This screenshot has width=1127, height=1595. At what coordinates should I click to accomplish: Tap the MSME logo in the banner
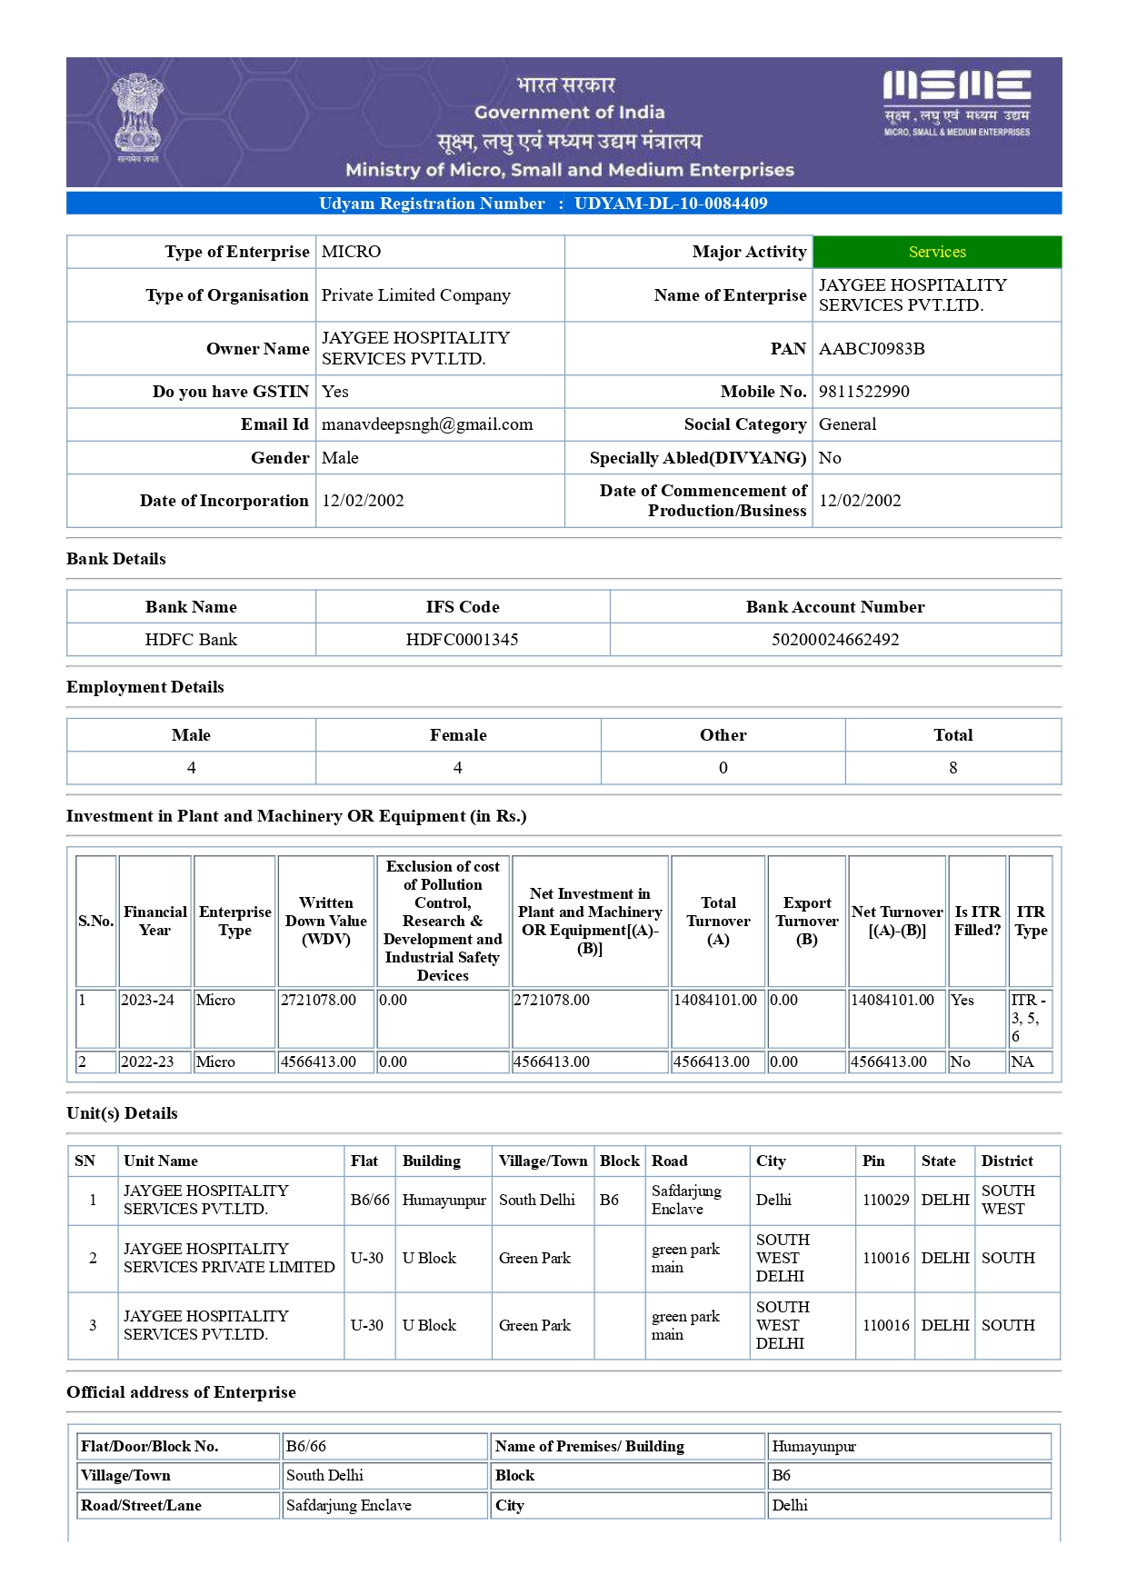[x=956, y=102]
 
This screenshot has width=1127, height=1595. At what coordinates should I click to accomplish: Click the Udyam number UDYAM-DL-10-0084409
[x=671, y=204]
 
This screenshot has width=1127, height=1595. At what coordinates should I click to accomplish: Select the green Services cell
[x=937, y=252]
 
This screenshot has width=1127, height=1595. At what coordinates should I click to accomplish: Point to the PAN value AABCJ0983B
[x=872, y=349]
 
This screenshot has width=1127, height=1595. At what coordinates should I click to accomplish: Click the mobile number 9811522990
[x=863, y=392]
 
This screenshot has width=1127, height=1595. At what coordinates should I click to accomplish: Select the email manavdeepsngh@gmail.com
[x=427, y=424]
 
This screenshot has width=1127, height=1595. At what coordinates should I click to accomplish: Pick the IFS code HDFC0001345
[x=462, y=640]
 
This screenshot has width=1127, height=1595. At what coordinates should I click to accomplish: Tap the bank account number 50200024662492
[x=835, y=640]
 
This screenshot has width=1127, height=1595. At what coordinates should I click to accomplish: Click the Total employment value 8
[x=952, y=768]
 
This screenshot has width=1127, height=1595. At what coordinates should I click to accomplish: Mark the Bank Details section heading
[x=116, y=559]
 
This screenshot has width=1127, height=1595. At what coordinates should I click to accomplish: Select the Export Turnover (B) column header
[x=807, y=921]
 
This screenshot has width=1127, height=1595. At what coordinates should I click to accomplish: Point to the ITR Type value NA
[x=1022, y=1062]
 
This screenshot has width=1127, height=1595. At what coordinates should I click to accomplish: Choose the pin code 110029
[x=885, y=1201]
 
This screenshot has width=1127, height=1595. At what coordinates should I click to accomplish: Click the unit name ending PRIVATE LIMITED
[x=229, y=1259]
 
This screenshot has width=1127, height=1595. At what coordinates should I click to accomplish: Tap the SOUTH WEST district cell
[x=1008, y=1201]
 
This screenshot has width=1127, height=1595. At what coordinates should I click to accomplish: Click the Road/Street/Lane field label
[x=142, y=1506]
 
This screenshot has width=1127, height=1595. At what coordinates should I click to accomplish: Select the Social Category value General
[x=847, y=424]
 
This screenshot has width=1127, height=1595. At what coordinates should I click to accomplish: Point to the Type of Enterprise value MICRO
[x=351, y=252]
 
